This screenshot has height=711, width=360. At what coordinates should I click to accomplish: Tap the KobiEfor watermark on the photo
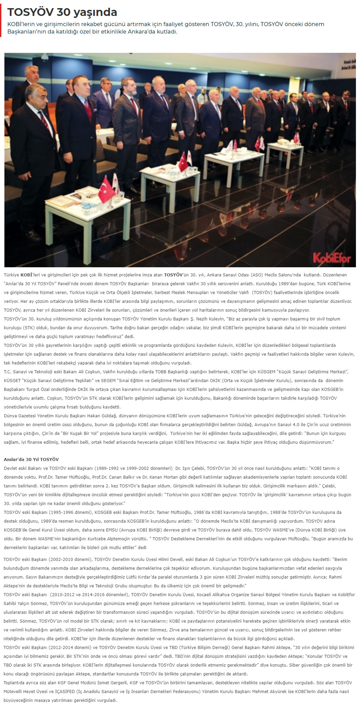click(x=332, y=258)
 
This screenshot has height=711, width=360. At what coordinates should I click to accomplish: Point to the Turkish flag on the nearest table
click(x=106, y=190)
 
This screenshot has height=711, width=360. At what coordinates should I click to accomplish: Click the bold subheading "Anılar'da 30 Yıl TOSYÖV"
click(x=31, y=459)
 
